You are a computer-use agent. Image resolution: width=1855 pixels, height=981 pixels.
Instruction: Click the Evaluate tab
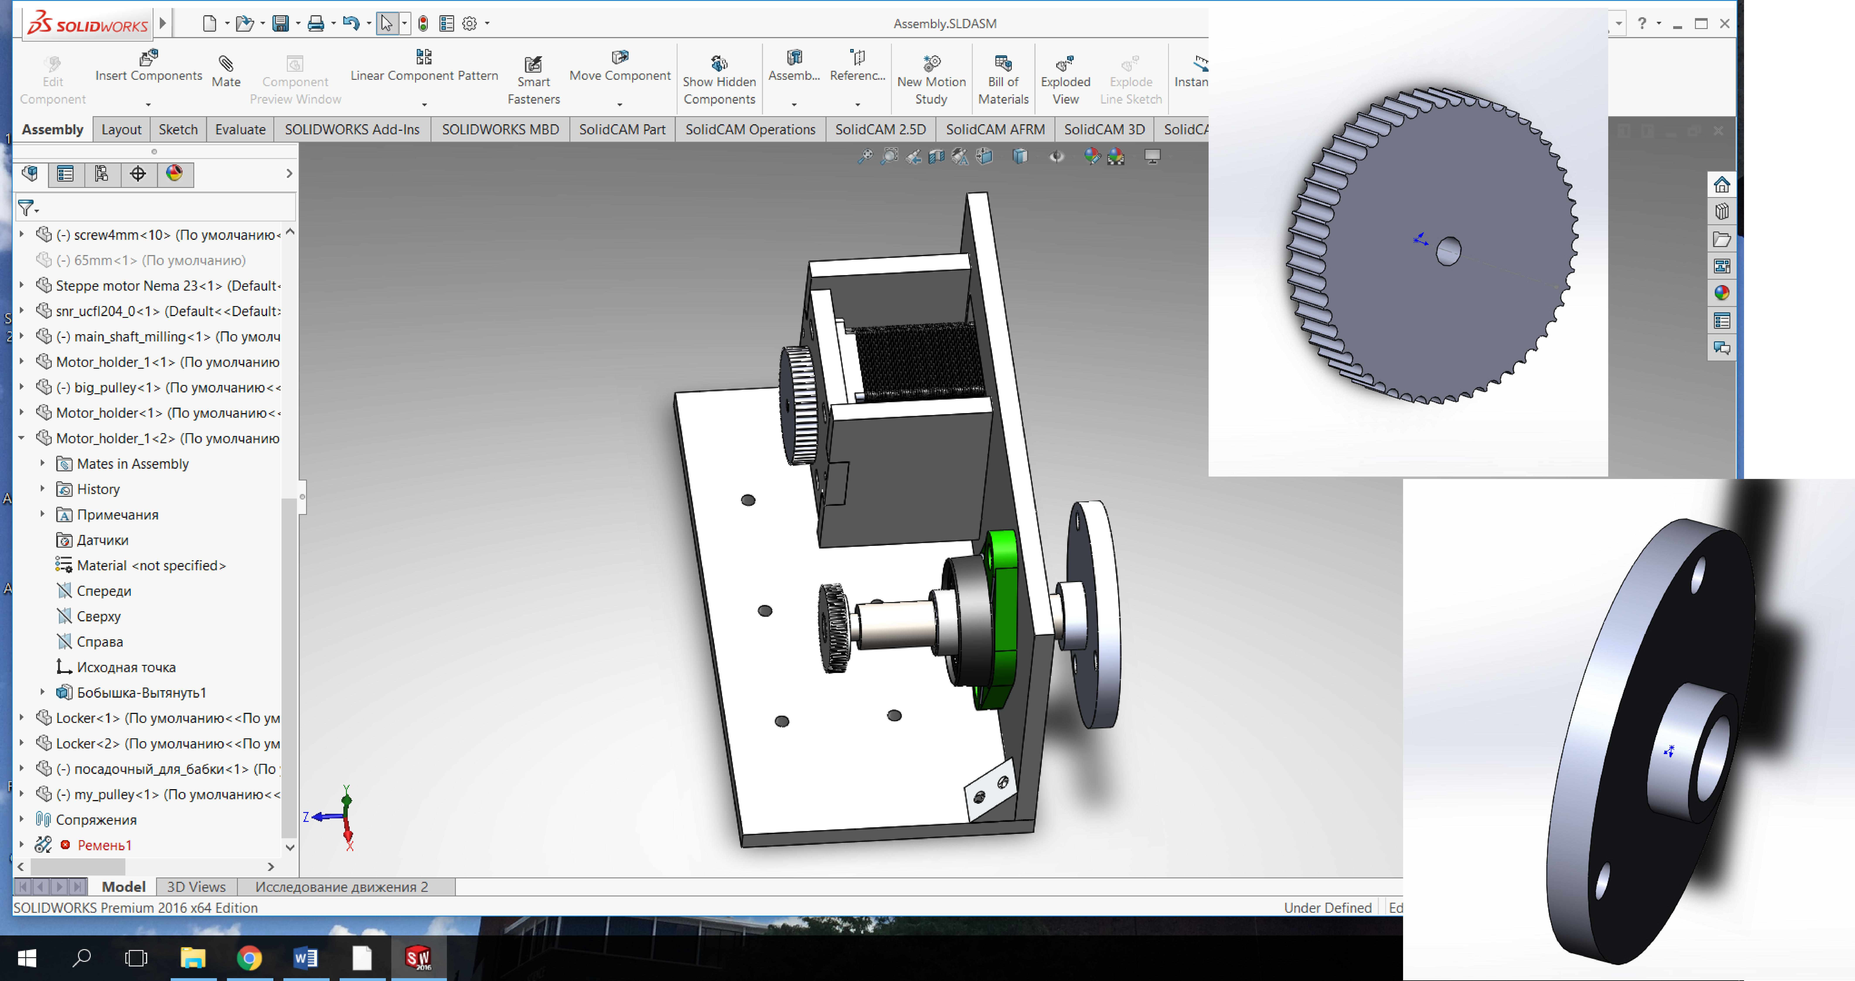pyautogui.click(x=240, y=130)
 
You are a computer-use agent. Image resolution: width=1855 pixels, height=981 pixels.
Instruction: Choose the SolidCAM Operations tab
pyautogui.click(x=750, y=130)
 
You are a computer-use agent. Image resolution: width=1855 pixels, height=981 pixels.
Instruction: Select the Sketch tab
pyautogui.click(x=178, y=130)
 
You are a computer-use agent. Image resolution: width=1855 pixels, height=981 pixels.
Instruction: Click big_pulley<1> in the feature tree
pyautogui.click(x=169, y=388)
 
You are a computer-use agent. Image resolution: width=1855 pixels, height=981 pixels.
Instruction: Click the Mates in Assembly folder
pyautogui.click(x=133, y=464)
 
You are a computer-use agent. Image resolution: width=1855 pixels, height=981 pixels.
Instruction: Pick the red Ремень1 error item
pyautogui.click(x=104, y=845)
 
